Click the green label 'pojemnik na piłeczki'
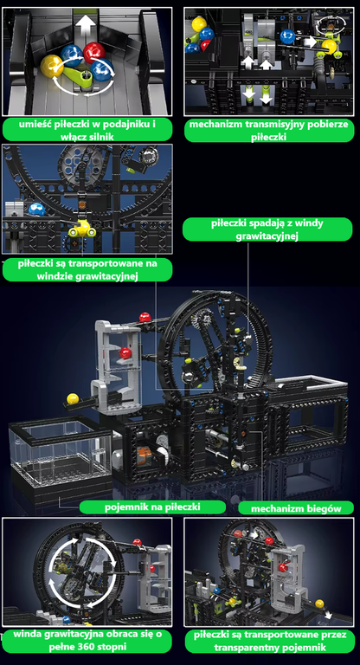pyautogui.click(x=152, y=507)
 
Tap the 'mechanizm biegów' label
pyautogui.click(x=296, y=507)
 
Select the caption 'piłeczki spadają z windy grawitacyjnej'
pyautogui.click(x=267, y=229)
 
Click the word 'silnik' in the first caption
pyautogui.click(x=102, y=136)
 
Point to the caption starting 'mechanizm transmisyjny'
pyautogui.click(x=269, y=130)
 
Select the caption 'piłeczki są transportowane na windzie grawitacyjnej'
pyautogui.click(x=87, y=270)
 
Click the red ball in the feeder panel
pyautogui.click(x=94, y=52)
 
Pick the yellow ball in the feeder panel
pyautogui.click(x=52, y=67)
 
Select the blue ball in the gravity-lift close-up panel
pyautogui.click(x=36, y=209)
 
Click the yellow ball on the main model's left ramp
pyautogui.click(x=73, y=399)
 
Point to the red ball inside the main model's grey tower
pyautogui.click(x=125, y=352)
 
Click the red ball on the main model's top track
pyautogui.click(x=145, y=317)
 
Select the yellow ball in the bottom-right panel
pyautogui.click(x=319, y=604)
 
